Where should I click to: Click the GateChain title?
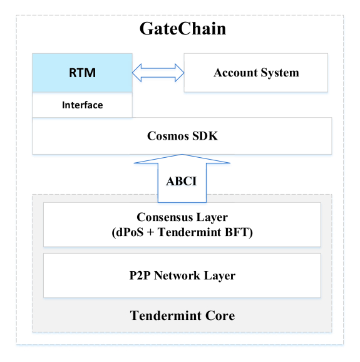point(183,29)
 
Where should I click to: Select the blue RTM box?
point(82,73)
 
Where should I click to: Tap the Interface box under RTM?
point(82,105)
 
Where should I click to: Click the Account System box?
point(255,73)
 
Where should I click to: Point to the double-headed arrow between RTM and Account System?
point(158,73)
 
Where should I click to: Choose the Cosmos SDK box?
point(182,136)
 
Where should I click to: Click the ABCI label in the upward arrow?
point(182,181)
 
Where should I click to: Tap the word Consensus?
point(163,217)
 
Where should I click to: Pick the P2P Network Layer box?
point(182,276)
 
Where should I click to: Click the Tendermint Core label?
point(182,316)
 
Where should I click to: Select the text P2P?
point(140,276)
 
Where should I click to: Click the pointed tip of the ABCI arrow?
point(182,155)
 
